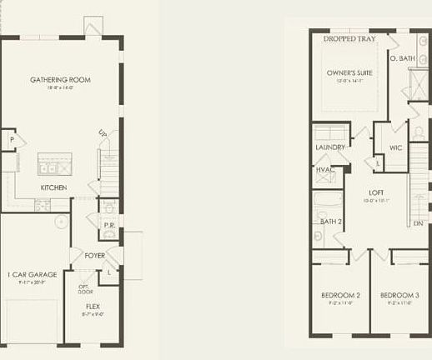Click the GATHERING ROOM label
click(60, 80)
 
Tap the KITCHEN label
click(54, 187)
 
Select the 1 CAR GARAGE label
click(30, 274)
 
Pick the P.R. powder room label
click(108, 225)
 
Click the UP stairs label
click(103, 133)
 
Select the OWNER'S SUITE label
click(349, 72)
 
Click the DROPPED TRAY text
click(348, 38)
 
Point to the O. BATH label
click(402, 58)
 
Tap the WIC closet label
click(395, 147)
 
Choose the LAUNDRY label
click(330, 147)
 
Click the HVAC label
click(325, 170)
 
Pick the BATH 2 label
click(332, 221)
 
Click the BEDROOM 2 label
click(340, 295)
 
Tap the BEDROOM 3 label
click(399, 295)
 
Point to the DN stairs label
click(417, 223)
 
